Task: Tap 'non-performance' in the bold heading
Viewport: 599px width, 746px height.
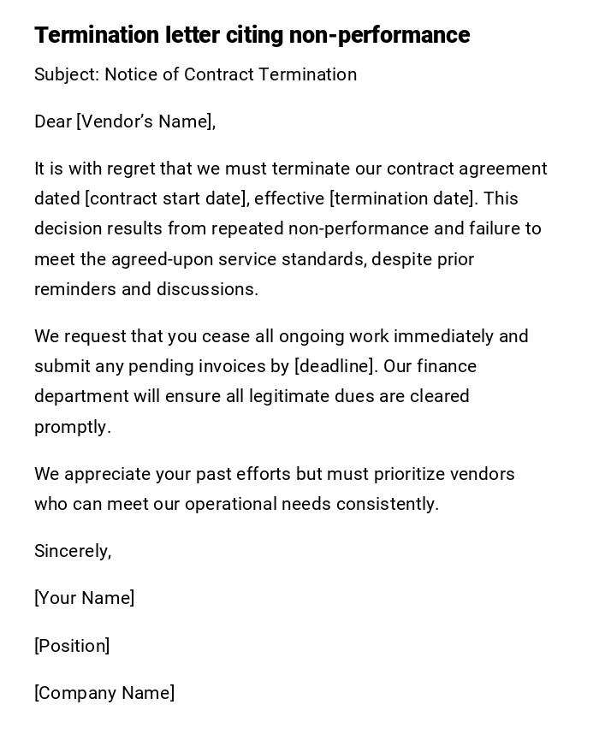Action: [x=379, y=35]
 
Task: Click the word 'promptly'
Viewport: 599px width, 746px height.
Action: [x=71, y=427]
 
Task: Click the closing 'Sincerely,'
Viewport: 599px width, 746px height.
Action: [x=73, y=551]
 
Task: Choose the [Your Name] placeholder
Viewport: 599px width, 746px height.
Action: [x=84, y=598]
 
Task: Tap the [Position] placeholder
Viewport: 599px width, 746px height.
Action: [x=72, y=646]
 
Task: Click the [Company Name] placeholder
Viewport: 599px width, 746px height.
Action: [x=104, y=693]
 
